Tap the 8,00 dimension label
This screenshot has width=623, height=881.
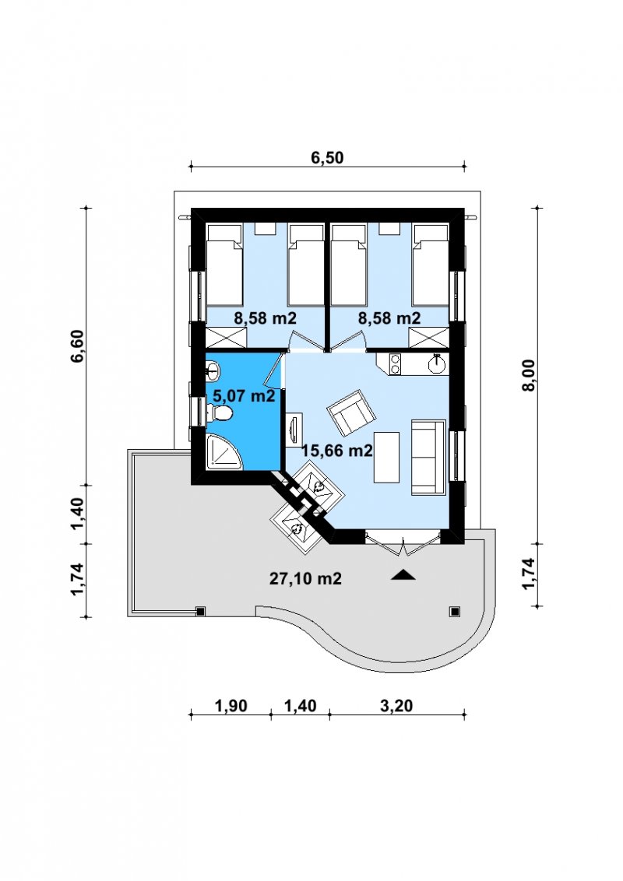click(529, 376)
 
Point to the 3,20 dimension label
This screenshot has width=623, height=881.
click(396, 705)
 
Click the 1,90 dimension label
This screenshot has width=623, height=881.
click(231, 705)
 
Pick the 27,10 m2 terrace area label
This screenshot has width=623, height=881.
click(305, 578)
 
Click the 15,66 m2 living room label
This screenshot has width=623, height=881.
click(337, 450)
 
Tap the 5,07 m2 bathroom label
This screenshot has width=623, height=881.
click(244, 395)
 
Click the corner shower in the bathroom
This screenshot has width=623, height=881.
click(224, 451)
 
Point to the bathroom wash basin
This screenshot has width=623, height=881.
click(213, 369)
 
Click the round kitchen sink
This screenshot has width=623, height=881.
click(437, 363)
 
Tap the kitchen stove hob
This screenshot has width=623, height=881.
click(394, 363)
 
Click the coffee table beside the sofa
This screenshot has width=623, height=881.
click(387, 457)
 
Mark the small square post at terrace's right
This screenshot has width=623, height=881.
click(454, 611)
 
